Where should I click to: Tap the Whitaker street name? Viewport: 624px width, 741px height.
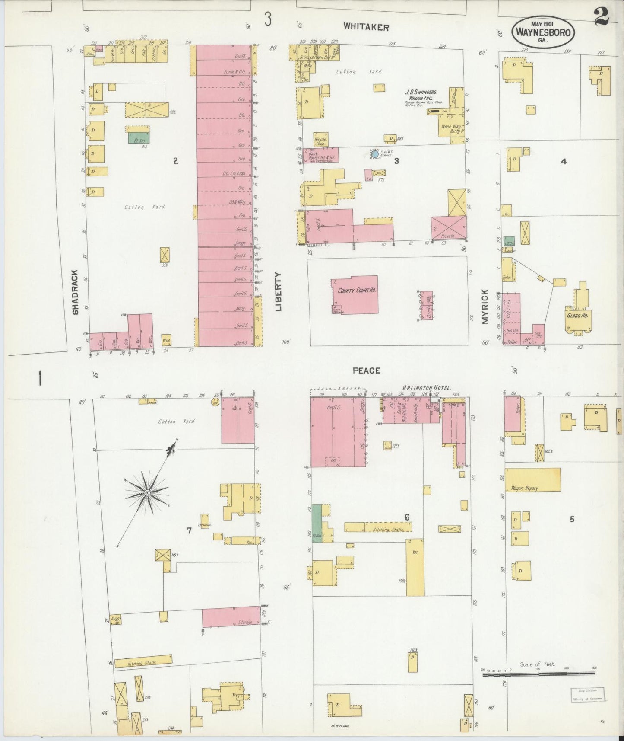pyautogui.click(x=366, y=27)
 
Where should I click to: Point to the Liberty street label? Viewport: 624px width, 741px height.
pyautogui.click(x=278, y=291)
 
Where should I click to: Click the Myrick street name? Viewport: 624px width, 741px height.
pyautogui.click(x=485, y=307)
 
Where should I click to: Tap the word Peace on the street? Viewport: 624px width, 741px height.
pyautogui.click(x=366, y=370)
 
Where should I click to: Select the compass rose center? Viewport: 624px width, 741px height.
pyautogui.click(x=147, y=493)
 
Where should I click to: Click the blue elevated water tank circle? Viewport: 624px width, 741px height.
pyautogui.click(x=374, y=153)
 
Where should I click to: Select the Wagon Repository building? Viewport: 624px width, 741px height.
pyautogui.click(x=533, y=479)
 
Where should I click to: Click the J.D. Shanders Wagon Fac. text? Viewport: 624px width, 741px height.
pyautogui.click(x=421, y=96)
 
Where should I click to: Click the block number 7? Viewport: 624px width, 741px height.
pyautogui.click(x=189, y=531)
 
